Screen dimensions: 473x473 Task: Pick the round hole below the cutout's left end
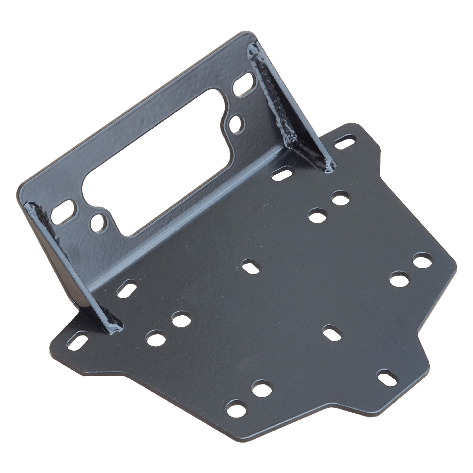click(x=98, y=222)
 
